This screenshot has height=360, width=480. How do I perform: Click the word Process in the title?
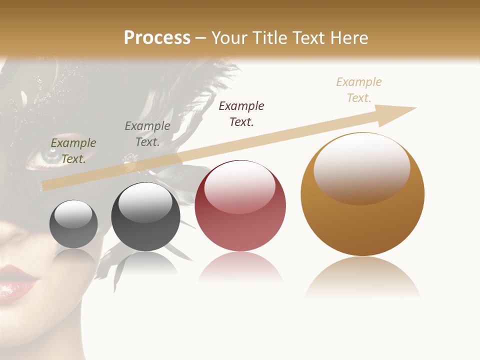point(157,37)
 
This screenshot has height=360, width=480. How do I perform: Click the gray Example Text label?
point(147,134)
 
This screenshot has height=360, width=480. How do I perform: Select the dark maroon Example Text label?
point(241,113)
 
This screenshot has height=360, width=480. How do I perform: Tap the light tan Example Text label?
point(359,89)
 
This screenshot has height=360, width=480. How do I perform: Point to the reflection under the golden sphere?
point(362,277)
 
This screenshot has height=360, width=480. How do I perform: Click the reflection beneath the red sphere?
point(240,267)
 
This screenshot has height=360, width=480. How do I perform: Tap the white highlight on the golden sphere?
point(361,167)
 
